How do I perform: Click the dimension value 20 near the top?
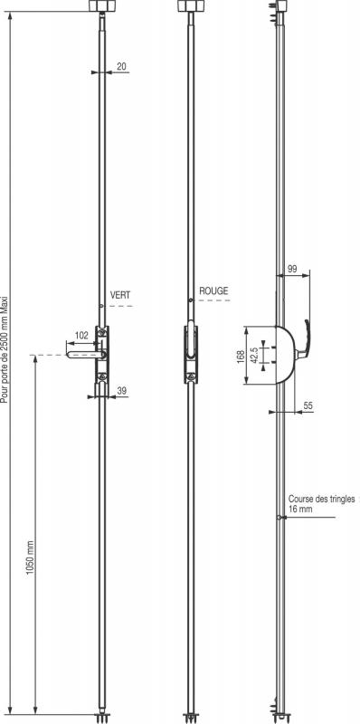[121, 66]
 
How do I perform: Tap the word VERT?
[120, 296]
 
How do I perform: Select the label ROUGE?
[213, 291]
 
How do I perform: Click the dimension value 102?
[81, 336]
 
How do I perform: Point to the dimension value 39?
[122, 391]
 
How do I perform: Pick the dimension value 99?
[291, 269]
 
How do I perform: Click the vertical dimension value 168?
[241, 356]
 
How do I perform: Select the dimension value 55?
[308, 405]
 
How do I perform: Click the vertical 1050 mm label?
[30, 557]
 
